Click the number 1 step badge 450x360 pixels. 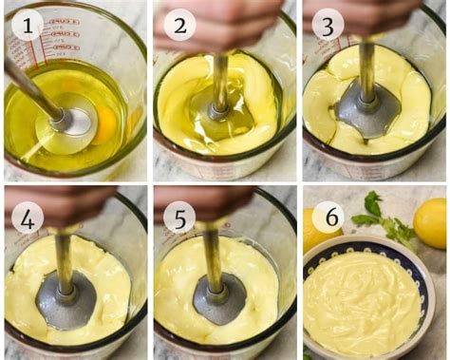pyautogui.click(x=27, y=27)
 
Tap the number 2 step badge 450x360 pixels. pyautogui.click(x=178, y=25)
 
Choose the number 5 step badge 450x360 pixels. pyautogui.click(x=178, y=217)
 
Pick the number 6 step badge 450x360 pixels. pyautogui.click(x=327, y=217)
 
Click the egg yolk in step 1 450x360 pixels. pyautogui.click(x=103, y=123)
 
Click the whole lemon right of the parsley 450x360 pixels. pyautogui.click(x=430, y=222)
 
